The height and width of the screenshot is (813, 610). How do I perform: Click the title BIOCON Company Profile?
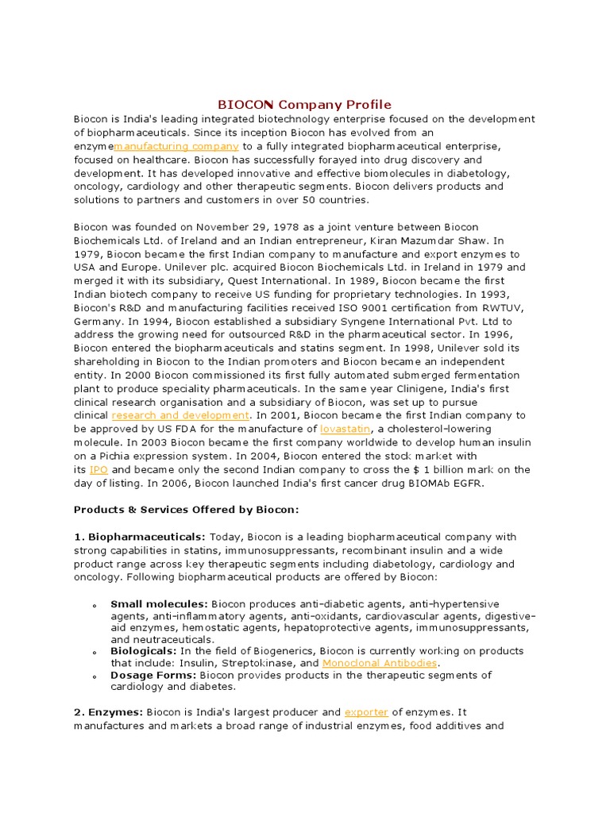[x=305, y=105]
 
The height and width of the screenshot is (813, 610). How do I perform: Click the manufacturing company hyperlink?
[x=176, y=146]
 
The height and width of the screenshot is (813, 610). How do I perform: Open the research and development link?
[x=180, y=415]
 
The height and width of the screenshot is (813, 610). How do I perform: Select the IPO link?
[x=98, y=469]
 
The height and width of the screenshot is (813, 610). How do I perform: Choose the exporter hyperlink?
[x=366, y=712]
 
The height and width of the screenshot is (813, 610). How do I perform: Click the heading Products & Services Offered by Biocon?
[x=187, y=510]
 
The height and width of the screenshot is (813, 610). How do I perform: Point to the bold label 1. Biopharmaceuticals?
[x=140, y=537]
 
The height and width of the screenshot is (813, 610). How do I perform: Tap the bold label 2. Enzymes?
[x=108, y=712]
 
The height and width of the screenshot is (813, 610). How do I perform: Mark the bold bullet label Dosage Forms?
[x=153, y=675]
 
